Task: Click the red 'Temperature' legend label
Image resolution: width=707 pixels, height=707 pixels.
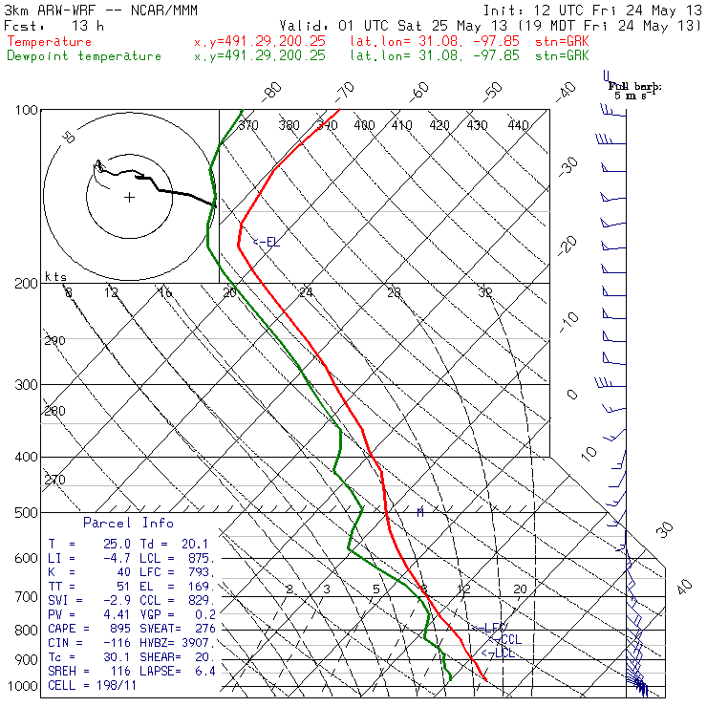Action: [50, 42]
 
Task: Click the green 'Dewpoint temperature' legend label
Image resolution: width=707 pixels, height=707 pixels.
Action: [84, 55]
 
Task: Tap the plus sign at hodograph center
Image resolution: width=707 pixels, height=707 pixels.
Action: [129, 198]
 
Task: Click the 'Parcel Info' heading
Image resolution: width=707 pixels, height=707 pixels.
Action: [128, 523]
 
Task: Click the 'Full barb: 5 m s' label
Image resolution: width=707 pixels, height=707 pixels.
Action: [635, 90]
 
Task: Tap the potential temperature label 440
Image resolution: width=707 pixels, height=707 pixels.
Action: [517, 125]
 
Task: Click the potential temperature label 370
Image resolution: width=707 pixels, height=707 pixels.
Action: [247, 125]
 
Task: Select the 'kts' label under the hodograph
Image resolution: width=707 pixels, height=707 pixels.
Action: [56, 276]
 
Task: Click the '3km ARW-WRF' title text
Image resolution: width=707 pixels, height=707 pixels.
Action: [48, 10]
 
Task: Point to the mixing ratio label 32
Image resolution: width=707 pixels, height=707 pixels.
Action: [485, 292]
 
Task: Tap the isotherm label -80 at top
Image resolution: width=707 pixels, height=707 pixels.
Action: [273, 91]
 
